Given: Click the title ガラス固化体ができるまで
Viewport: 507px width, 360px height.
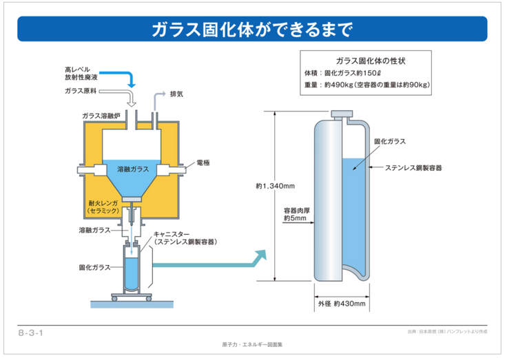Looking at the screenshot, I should pyautogui.click(x=253, y=30).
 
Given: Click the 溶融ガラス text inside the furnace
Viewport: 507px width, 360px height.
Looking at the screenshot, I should pyautogui.click(x=133, y=169).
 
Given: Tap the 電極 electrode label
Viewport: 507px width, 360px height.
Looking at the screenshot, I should pyautogui.click(x=203, y=162).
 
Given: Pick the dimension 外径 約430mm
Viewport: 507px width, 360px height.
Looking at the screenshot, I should pyautogui.click(x=342, y=303).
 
